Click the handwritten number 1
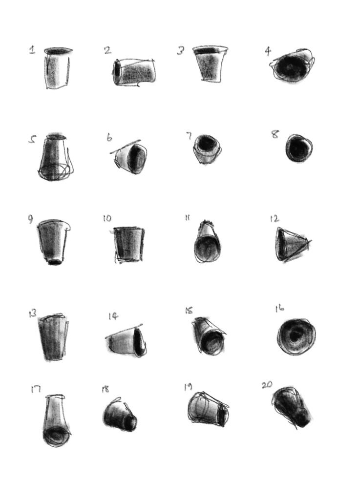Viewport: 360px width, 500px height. pos(32,49)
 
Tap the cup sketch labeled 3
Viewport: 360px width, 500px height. pos(211,64)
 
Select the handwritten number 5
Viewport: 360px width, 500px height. pos(32,140)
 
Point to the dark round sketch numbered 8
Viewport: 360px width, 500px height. pos(298,148)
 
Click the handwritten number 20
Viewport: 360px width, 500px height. pos(267,385)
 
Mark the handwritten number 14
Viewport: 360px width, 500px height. pos(113,316)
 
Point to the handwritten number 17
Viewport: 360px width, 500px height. pos(35,389)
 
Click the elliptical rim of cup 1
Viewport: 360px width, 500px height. pos(59,50)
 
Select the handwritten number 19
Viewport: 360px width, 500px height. pos(188,387)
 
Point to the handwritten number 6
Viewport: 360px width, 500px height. pos(109,137)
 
